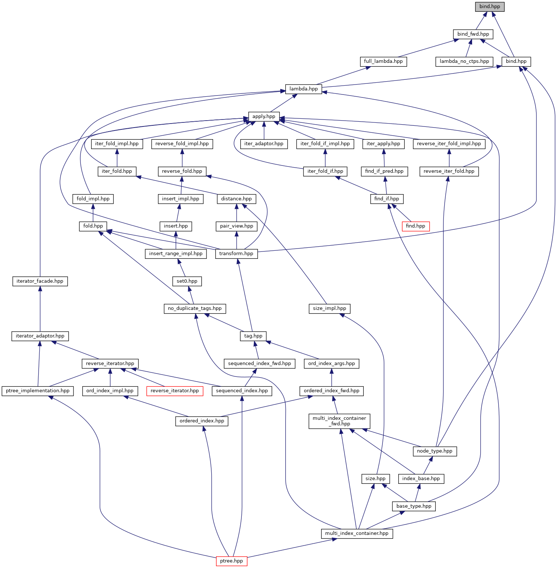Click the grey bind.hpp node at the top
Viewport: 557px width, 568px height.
pos(489,7)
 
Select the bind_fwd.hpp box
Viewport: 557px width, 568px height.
pos(473,34)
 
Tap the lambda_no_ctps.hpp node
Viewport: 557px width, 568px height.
pos(464,61)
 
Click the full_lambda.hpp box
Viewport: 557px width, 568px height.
pos(383,61)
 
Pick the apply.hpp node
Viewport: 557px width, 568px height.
pos(263,117)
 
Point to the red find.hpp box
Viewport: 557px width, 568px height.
pos(415,226)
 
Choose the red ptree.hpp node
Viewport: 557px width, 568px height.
pos(231,561)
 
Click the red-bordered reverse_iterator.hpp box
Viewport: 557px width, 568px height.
pos(175,391)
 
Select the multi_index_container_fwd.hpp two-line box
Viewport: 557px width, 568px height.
pos(339,421)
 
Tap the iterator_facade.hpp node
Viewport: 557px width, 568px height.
pos(40,281)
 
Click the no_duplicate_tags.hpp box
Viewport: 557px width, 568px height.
pos(195,308)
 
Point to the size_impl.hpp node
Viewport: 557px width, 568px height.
pos(330,308)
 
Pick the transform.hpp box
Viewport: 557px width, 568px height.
pos(236,254)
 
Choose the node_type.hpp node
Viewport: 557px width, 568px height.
pos(435,451)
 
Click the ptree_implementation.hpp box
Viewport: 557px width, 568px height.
pos(37,391)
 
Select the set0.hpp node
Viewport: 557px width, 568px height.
pos(187,281)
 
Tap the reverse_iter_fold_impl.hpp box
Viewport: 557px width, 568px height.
pos(449,144)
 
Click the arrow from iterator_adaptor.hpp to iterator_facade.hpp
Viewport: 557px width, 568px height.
pos(40,308)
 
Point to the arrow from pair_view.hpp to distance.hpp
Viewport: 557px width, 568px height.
pos(236,212)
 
